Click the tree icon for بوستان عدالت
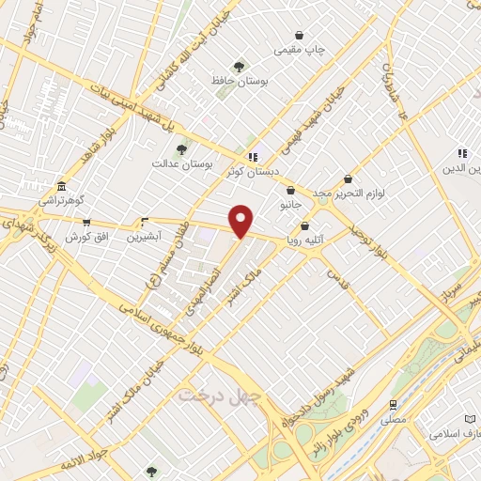coord(181,148)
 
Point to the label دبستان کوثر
coord(247,172)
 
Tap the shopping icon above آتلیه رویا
coord(304,225)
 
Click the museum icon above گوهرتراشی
coord(61,186)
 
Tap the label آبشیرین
coord(145,237)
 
